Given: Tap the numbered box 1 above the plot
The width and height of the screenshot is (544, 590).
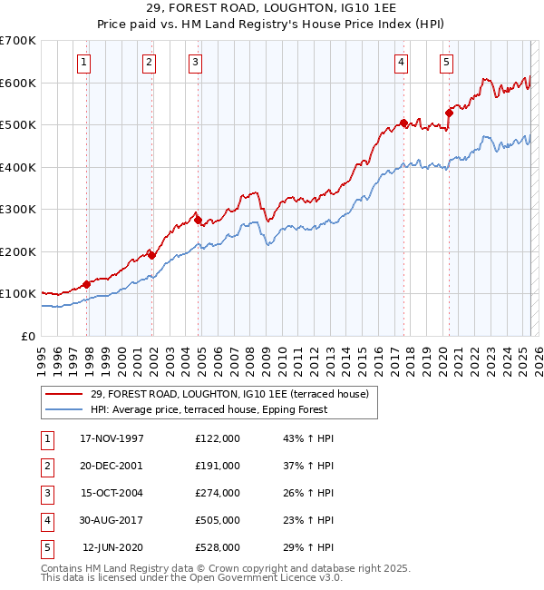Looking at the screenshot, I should click(83, 63).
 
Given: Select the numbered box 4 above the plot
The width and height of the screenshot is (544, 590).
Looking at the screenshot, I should click(400, 63).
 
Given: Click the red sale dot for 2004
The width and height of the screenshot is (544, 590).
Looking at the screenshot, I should click(198, 220).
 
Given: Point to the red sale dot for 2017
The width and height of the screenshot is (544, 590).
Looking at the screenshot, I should click(404, 123).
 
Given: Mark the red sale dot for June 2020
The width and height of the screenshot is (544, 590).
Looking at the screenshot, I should click(449, 113).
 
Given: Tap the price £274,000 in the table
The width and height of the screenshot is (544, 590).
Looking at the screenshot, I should click(218, 493).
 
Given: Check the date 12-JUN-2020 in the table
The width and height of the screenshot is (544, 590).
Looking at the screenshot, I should click(112, 547).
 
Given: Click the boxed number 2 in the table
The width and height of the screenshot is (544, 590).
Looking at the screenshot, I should click(44, 466).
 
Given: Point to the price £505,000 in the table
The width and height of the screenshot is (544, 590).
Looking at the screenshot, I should click(218, 520).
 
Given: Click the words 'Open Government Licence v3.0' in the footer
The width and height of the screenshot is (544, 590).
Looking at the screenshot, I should click(266, 578).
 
